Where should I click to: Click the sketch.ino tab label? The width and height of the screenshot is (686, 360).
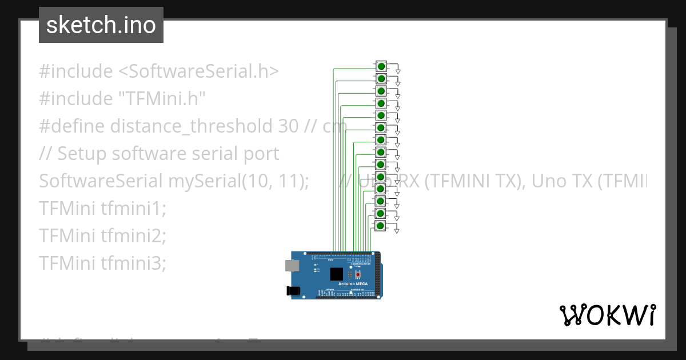[101, 25]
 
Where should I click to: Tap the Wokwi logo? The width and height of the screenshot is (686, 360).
[608, 315]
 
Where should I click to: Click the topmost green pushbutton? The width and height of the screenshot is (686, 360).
[381, 66]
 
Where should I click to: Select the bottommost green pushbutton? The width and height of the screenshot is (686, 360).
[381, 226]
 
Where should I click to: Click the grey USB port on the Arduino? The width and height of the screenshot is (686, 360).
[292, 265]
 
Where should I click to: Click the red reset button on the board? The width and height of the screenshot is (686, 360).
[358, 274]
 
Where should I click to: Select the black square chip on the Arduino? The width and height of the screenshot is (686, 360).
[337, 274]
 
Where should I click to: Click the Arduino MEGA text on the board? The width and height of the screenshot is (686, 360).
[353, 284]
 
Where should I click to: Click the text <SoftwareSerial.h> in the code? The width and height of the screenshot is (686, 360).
[199, 71]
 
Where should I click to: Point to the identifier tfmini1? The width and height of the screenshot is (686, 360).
[133, 209]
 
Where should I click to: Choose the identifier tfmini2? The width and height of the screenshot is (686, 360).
[133, 235]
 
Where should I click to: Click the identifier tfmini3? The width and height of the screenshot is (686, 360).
[133, 263]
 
